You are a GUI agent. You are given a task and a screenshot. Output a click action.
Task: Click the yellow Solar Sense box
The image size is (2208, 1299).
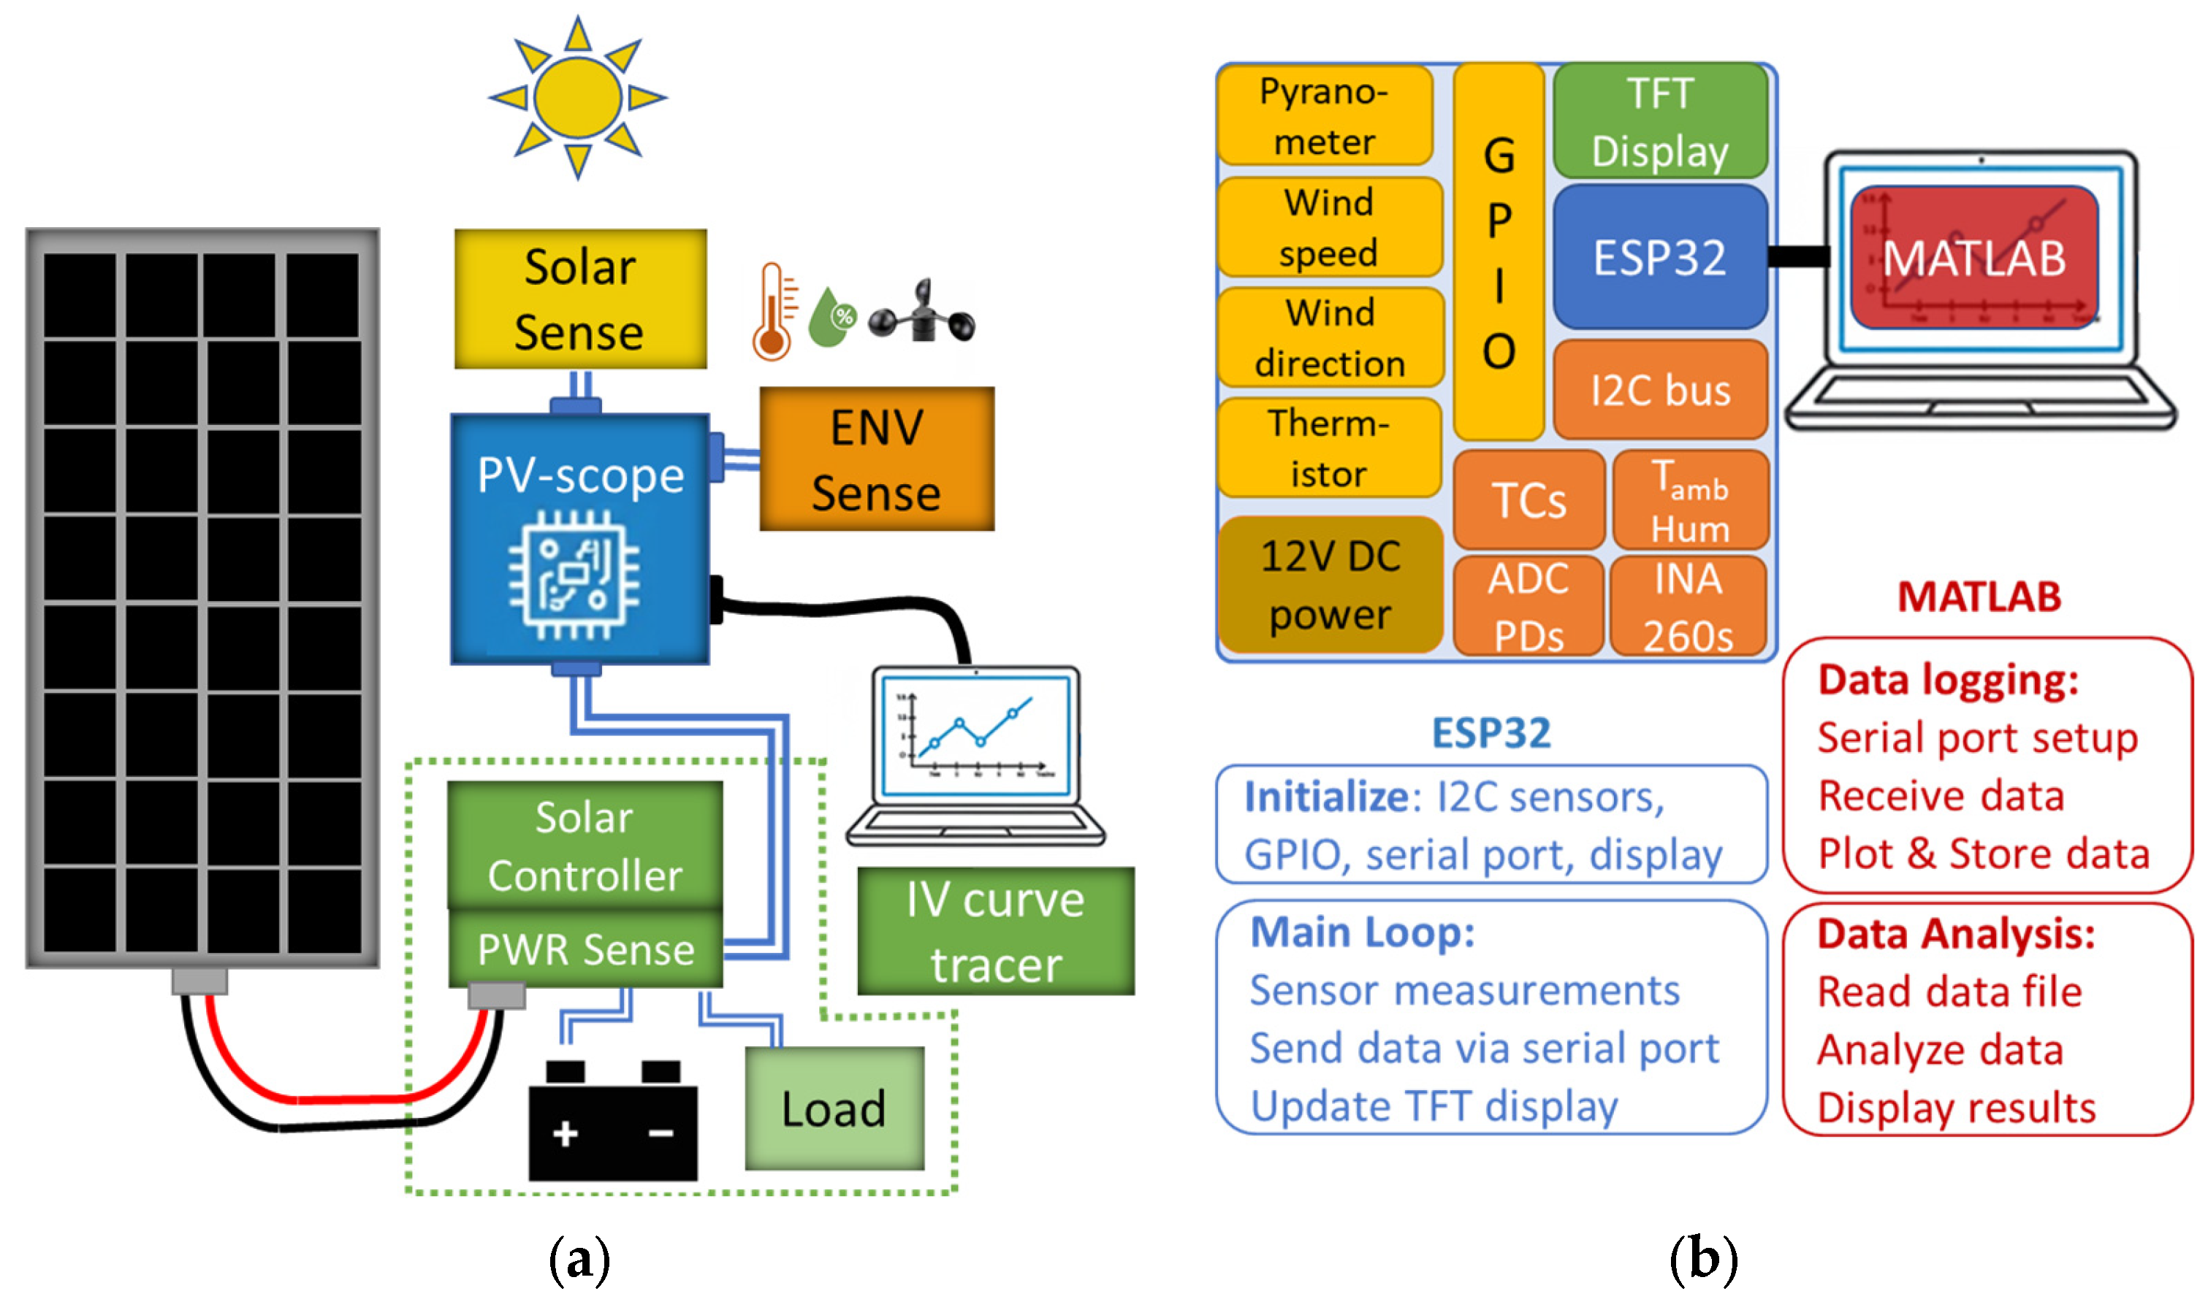[580, 299]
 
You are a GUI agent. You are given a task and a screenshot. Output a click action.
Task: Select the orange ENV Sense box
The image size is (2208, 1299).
[876, 459]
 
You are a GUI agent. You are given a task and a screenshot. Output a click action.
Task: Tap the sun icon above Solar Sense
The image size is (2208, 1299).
[577, 97]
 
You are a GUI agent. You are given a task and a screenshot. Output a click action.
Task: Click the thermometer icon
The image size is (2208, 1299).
[774, 312]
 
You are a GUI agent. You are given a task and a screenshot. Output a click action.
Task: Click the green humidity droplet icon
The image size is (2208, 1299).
[831, 316]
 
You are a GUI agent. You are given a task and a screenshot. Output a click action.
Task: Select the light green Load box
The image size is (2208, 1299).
[834, 1108]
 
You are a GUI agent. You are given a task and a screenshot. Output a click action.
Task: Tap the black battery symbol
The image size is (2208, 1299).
[612, 1120]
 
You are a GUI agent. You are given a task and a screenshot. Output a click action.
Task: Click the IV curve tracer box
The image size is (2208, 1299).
[995, 931]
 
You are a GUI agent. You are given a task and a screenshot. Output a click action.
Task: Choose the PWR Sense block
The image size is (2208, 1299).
[585, 949]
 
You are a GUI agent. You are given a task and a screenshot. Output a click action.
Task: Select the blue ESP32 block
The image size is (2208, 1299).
[1659, 256]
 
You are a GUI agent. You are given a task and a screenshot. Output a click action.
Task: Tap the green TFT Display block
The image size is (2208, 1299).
[1659, 121]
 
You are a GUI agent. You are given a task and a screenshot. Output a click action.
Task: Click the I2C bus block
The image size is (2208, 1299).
[1660, 390]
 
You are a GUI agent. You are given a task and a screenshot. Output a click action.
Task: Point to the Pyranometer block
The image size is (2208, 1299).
[1325, 115]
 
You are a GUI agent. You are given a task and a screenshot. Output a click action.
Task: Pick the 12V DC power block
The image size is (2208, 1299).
[1330, 585]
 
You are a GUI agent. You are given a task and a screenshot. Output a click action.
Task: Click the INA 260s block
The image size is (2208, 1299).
[1688, 606]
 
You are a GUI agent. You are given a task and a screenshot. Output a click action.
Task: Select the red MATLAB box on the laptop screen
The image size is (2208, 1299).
[1974, 258]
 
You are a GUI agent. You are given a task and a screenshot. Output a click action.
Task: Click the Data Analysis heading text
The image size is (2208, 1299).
[1956, 934]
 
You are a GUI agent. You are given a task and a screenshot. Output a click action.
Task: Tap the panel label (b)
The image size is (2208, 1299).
[1703, 1260]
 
